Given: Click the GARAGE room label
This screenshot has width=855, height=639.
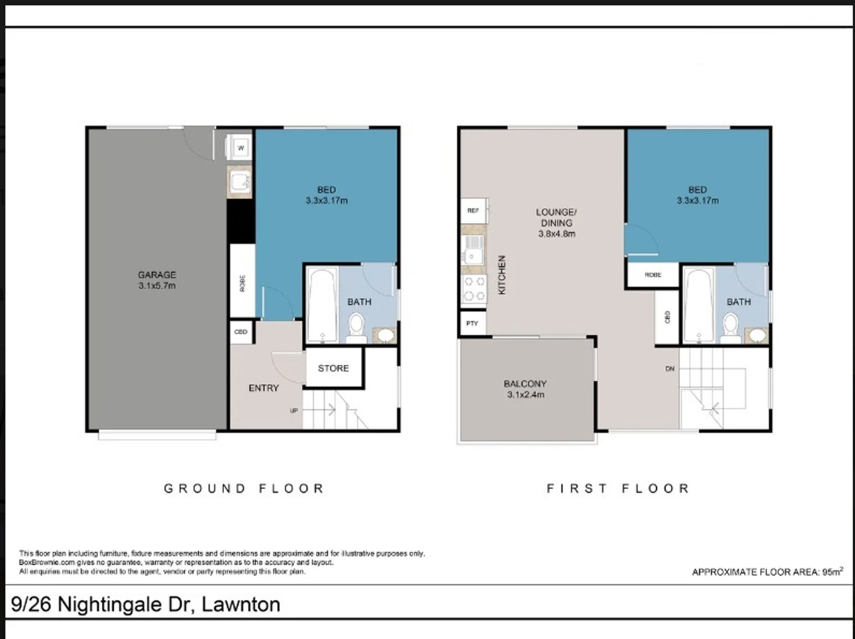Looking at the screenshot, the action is click(x=157, y=275).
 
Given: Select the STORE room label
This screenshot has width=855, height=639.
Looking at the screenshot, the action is click(x=333, y=368).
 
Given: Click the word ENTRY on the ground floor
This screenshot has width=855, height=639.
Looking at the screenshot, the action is click(x=264, y=388).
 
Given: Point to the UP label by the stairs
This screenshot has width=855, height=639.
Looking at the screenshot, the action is click(x=294, y=411).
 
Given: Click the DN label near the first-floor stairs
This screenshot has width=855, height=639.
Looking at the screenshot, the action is click(x=670, y=369).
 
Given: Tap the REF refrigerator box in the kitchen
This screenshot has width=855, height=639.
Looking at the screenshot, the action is click(x=474, y=211).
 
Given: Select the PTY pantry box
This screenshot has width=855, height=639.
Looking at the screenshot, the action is click(x=472, y=323).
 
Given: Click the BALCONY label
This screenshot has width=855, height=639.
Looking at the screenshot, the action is click(x=525, y=384).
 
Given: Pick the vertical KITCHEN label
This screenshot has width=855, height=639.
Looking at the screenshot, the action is click(x=502, y=275).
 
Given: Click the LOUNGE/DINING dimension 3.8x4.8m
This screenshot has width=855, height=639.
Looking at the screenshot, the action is click(x=557, y=234).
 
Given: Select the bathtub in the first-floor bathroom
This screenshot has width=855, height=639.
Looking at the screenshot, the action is click(x=699, y=305).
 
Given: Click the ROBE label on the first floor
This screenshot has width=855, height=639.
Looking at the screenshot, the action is click(x=653, y=275).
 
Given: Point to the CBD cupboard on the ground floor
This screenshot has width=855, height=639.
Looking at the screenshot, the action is click(x=241, y=331).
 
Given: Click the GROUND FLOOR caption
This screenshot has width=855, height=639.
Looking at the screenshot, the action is click(x=244, y=489).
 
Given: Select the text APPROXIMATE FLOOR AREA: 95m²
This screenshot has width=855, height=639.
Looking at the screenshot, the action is click(x=767, y=572).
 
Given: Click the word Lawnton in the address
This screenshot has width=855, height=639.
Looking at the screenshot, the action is click(x=241, y=604).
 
